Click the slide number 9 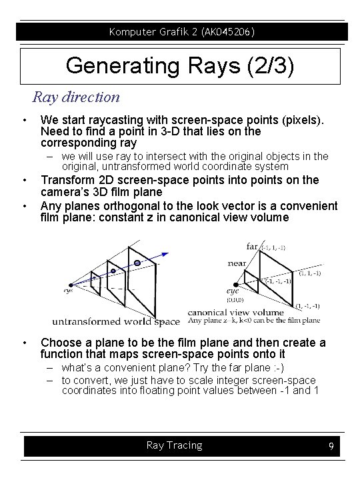[x=331, y=446]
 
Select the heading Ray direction [x=77, y=97]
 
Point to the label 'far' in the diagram [x=251, y=246]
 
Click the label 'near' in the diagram [x=237, y=263]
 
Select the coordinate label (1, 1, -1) [x=312, y=272]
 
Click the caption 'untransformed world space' [x=116, y=322]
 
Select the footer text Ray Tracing [x=174, y=445]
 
